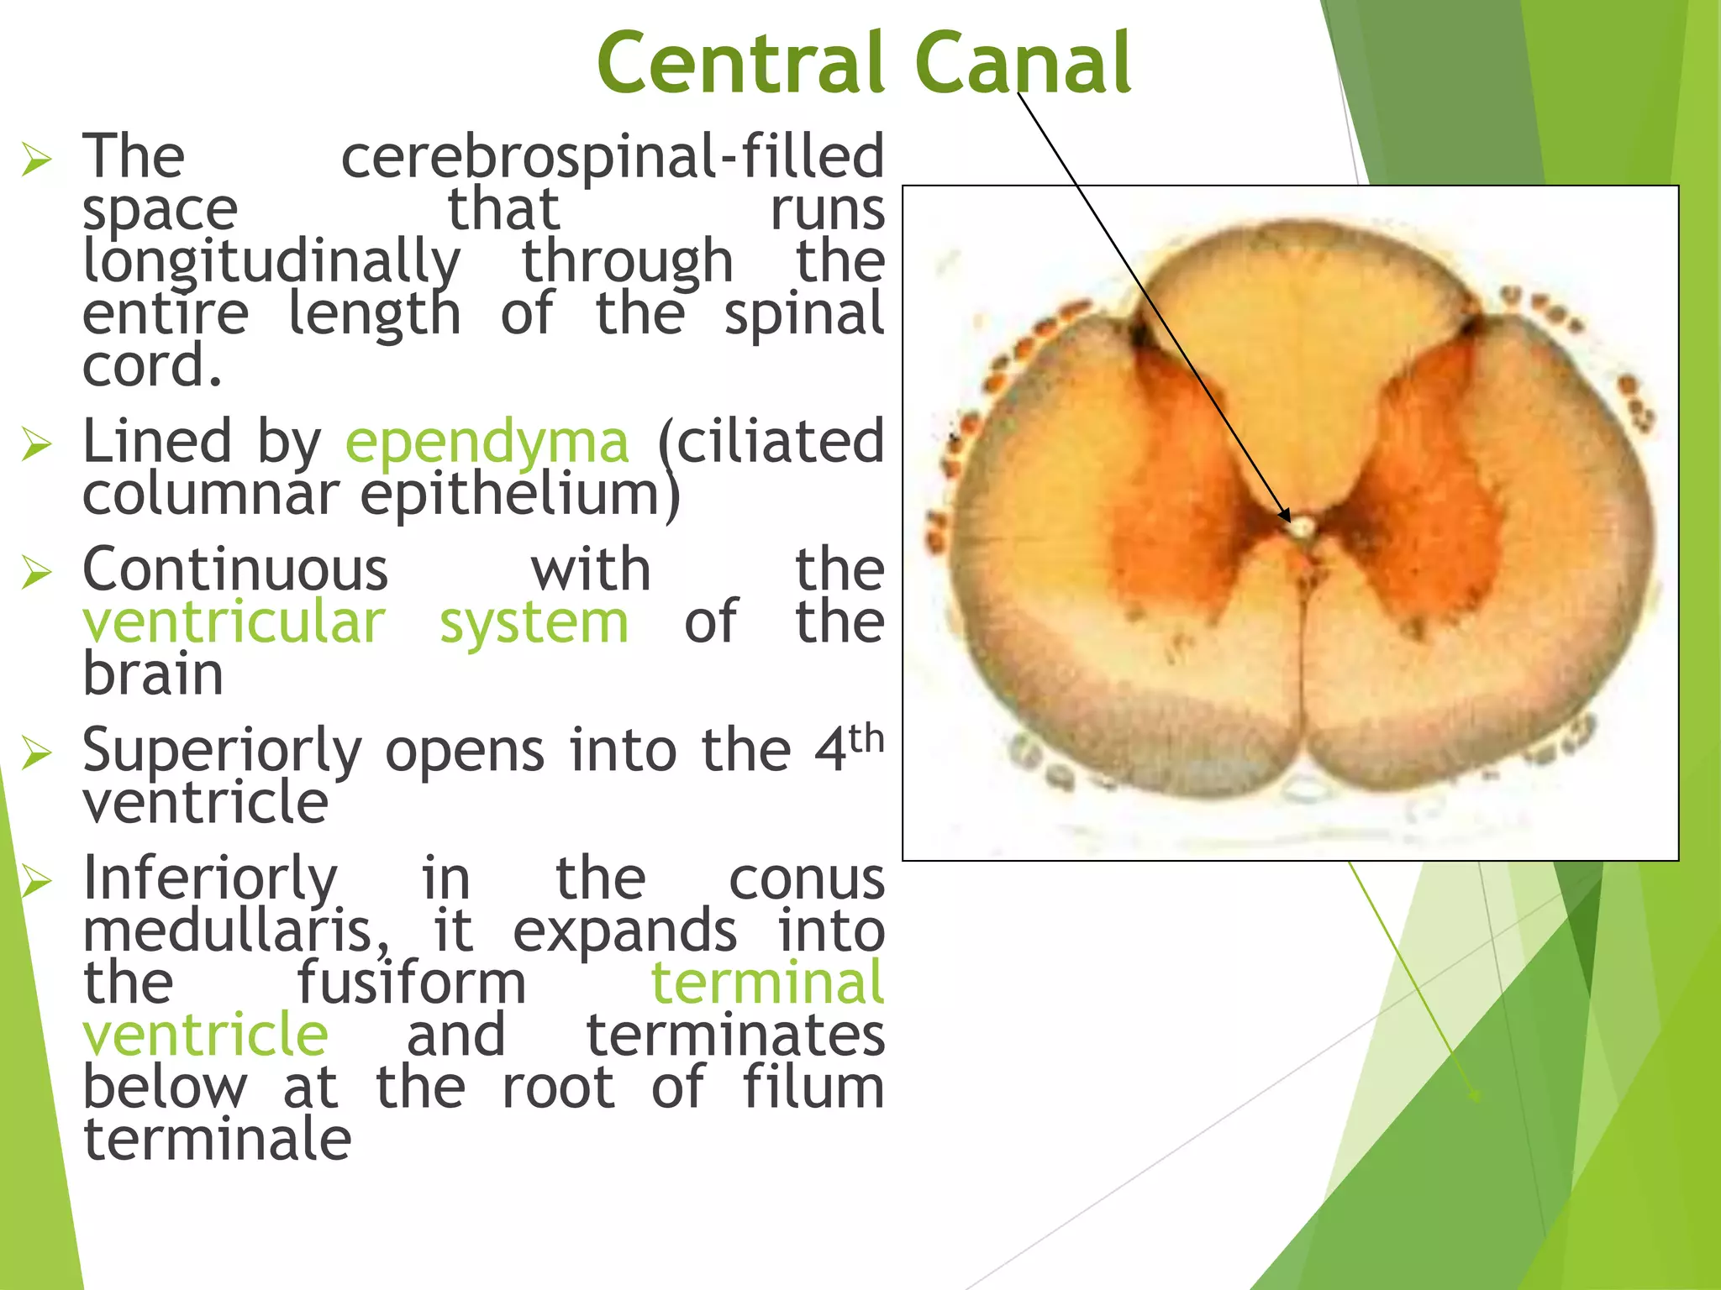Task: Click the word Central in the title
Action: (739, 64)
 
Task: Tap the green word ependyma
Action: (487, 443)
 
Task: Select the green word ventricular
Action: (234, 623)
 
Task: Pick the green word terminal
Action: (767, 983)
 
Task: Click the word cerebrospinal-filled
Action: (612, 157)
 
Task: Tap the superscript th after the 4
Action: (866, 739)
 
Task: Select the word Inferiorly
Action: (210, 878)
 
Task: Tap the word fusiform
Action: (411, 983)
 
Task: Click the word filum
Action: (813, 1087)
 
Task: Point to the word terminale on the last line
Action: (217, 1140)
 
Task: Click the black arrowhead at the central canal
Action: (1284, 516)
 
